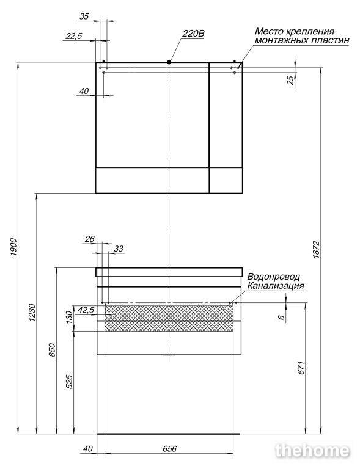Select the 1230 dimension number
[32, 313]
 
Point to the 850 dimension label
[52, 350]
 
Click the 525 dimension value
[69, 382]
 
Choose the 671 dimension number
[302, 368]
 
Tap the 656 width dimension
[170, 448]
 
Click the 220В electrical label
[193, 34]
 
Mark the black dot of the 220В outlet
[169, 62]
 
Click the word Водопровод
[274, 277]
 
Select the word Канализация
[276, 286]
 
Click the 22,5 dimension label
[73, 36]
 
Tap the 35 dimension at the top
[84, 16]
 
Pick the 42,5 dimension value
[86, 310]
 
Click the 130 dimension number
[69, 318]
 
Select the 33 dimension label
[119, 249]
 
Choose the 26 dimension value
[89, 239]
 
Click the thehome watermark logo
[312, 451]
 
